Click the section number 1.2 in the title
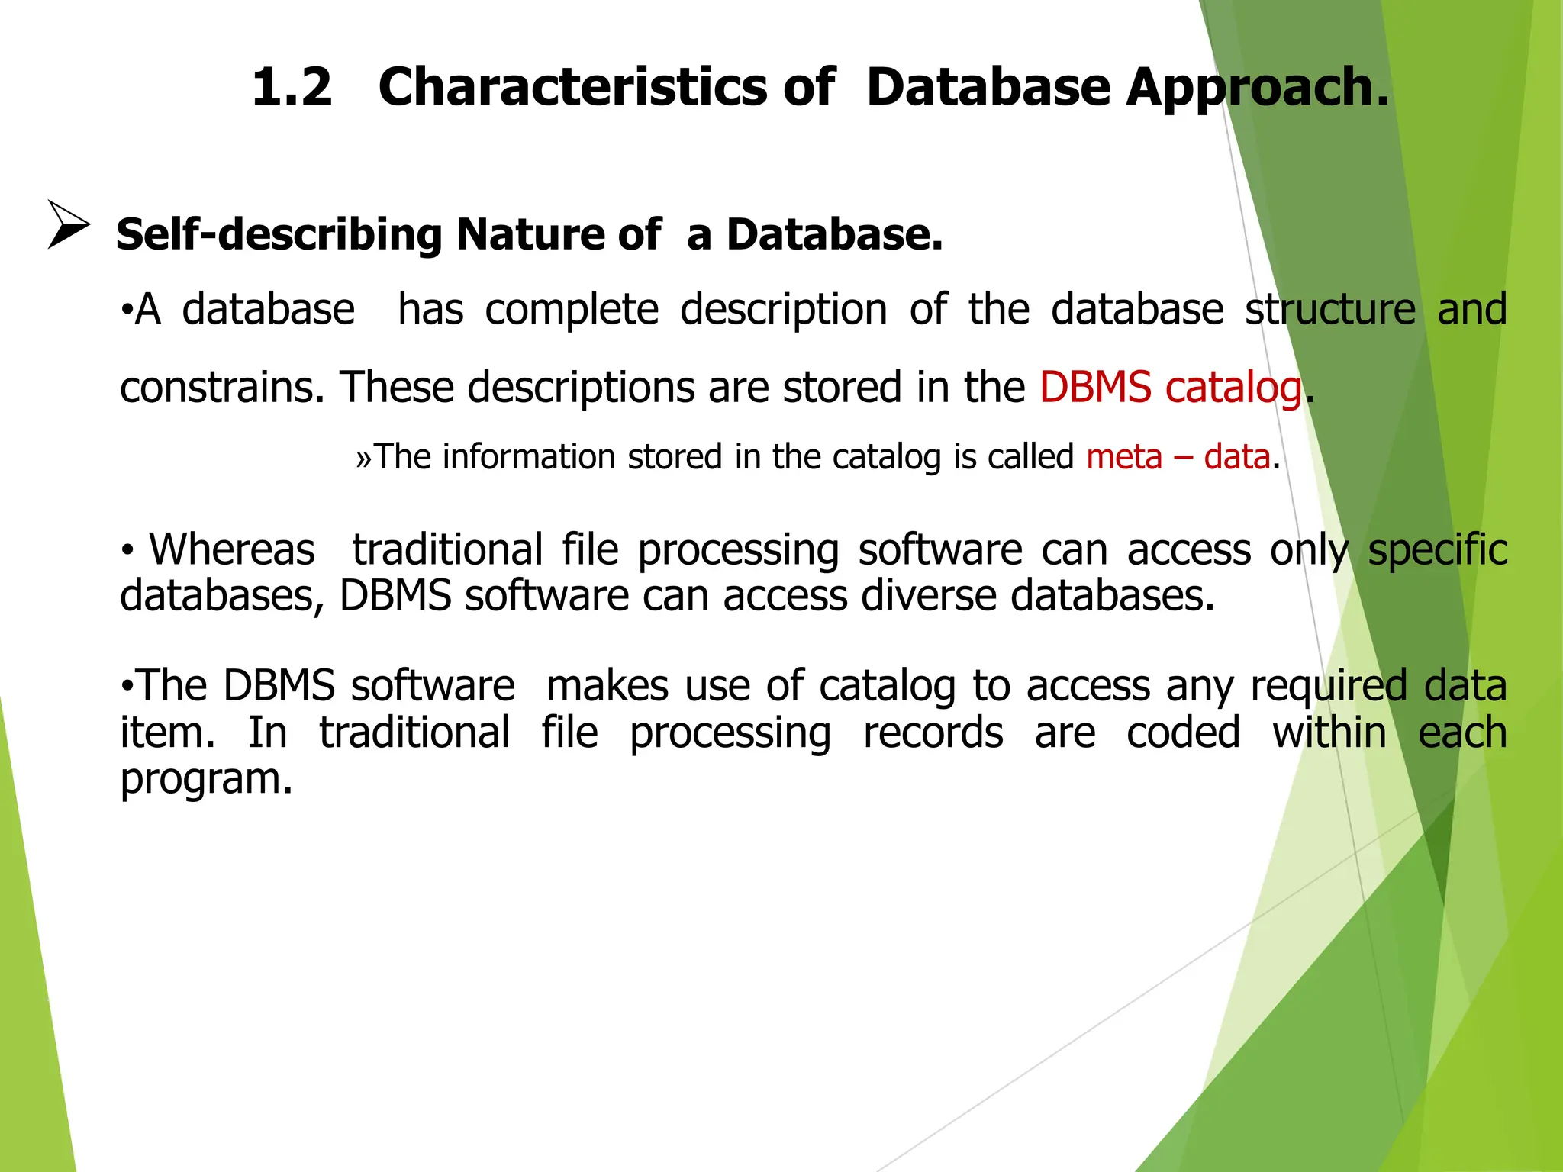click(x=292, y=86)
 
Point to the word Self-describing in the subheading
click(x=278, y=234)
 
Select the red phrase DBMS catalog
click(x=1170, y=387)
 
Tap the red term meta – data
click(x=1178, y=457)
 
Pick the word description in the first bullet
click(x=783, y=310)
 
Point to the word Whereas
click(x=231, y=549)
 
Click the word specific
click(x=1437, y=549)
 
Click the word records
click(x=932, y=733)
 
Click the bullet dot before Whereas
click(x=128, y=550)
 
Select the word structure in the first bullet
click(x=1329, y=310)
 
